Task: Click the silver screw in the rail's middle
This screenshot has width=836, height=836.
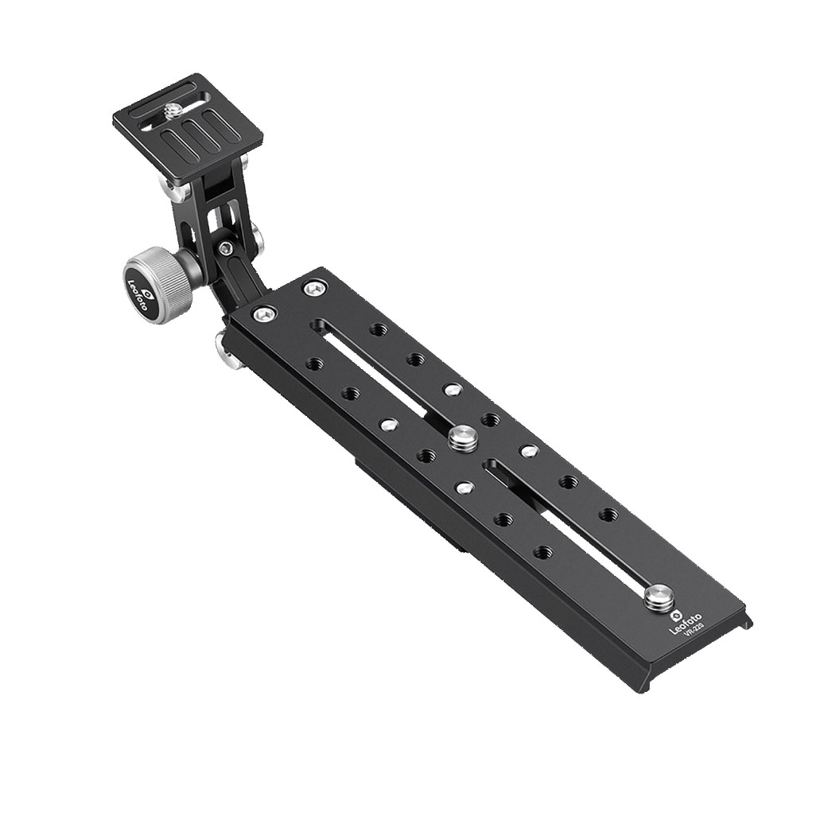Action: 461,436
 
